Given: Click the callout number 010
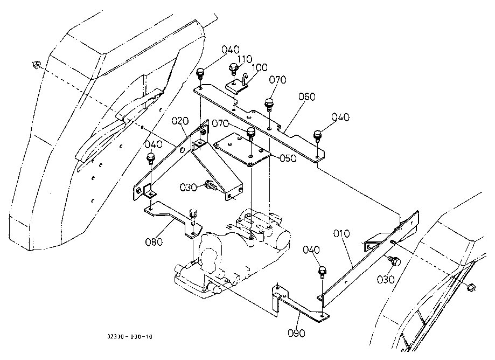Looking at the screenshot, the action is point(342,234).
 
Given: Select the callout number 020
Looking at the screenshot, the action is point(180,121).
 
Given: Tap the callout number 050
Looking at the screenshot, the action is point(288,158).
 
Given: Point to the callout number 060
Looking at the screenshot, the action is point(307,96).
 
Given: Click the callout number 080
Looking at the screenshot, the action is point(154,242).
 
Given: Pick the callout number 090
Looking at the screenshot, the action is point(296,333).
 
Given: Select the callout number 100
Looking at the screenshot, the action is point(260,67).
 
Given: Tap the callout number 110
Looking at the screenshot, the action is point(245,59).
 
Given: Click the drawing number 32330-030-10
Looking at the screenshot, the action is point(130,337).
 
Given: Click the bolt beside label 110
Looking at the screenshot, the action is point(233,68).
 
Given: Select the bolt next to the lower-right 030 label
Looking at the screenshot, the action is point(394,261).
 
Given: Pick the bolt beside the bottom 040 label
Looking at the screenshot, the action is point(322,272).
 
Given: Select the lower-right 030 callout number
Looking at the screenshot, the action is point(386,280).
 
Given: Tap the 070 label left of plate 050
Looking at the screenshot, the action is point(220,123).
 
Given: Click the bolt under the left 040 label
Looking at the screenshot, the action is point(150,159).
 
